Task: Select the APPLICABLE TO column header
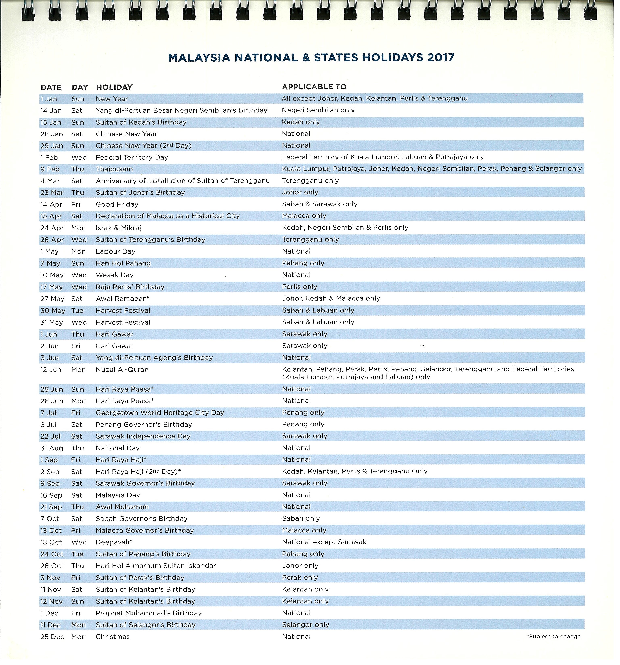[314, 87]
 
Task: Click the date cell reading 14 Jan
[51, 111]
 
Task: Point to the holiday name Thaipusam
[114, 169]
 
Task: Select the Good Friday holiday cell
[117, 204]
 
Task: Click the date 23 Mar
[52, 193]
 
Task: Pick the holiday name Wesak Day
[115, 275]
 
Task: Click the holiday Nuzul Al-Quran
[122, 370]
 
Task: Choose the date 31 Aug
[52, 448]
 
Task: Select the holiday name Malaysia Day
[118, 495]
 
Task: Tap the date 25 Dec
[52, 637]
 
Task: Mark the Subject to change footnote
[553, 637]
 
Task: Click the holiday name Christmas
[113, 637]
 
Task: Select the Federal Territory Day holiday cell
[132, 158]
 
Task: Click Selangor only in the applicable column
[305, 625]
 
